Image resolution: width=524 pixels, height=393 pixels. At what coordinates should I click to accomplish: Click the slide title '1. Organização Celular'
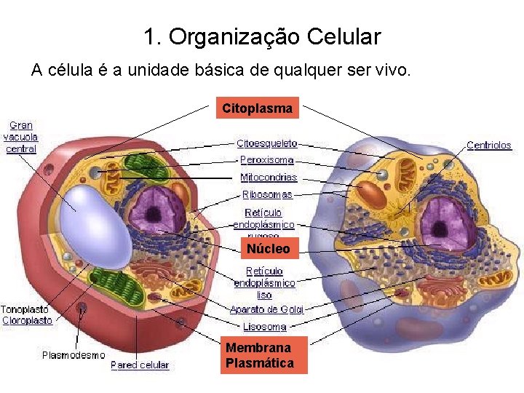click(x=262, y=36)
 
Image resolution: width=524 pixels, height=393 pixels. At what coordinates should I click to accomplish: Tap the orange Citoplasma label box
click(x=258, y=108)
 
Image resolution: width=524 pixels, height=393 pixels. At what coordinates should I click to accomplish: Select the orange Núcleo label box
click(x=268, y=249)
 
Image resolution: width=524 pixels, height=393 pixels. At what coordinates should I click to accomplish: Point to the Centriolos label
click(x=488, y=146)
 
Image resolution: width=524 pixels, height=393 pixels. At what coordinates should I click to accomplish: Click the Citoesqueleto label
click(x=267, y=143)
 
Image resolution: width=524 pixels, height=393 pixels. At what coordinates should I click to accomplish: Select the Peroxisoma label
click(x=267, y=160)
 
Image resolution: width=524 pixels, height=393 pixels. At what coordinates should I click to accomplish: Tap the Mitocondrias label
click(x=269, y=177)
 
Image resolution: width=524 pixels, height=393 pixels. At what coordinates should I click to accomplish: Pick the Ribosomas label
click(x=267, y=194)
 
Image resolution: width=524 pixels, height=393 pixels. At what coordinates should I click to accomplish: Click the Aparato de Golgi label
click(x=266, y=309)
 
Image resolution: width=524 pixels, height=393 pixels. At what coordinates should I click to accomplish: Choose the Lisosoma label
click(x=264, y=327)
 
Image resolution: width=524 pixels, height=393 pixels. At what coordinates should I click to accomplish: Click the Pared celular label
click(x=140, y=365)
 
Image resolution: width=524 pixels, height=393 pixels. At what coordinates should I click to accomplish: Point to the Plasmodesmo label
click(x=73, y=355)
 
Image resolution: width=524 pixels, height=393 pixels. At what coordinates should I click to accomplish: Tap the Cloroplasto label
click(x=27, y=320)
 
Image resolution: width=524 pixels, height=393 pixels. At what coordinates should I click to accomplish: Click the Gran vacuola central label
click(x=21, y=137)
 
